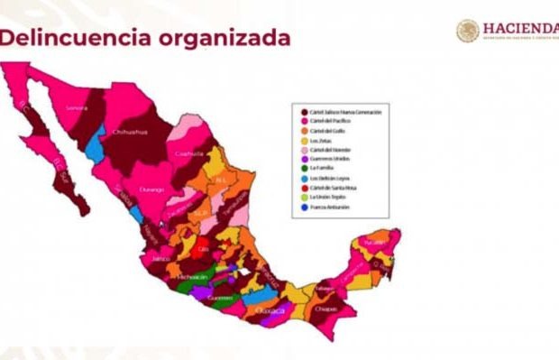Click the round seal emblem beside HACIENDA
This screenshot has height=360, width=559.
pyautogui.click(x=468, y=31)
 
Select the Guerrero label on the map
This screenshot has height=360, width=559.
pyautogui.click(x=219, y=297)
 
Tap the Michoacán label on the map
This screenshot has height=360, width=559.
pyautogui.click(x=190, y=276)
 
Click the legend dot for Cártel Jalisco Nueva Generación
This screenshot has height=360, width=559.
pyautogui.click(x=304, y=112)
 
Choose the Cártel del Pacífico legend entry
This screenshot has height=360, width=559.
pyautogui.click(x=333, y=122)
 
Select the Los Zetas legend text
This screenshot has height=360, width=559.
pyautogui.click(x=319, y=141)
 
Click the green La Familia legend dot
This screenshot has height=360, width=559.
pyautogui.click(x=304, y=169)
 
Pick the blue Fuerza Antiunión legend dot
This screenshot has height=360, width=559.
pyautogui.click(x=304, y=208)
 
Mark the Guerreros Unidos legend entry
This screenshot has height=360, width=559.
pyautogui.click(x=330, y=160)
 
